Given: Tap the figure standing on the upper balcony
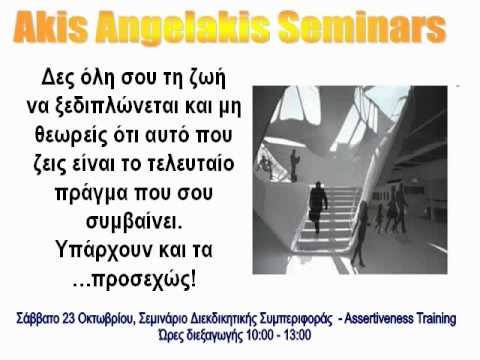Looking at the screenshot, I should tap(295, 163).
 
